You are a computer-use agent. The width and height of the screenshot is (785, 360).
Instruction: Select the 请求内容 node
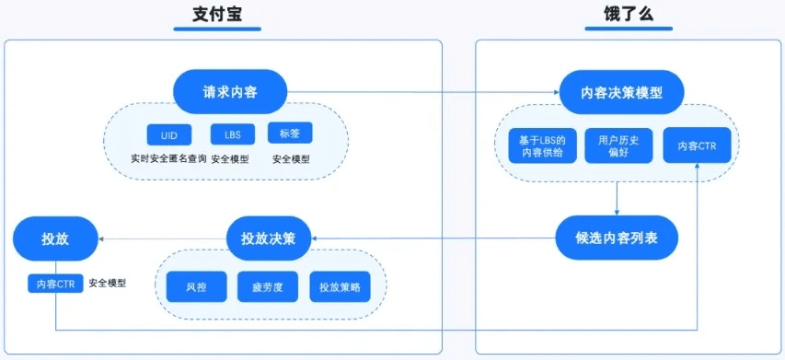(x=231, y=92)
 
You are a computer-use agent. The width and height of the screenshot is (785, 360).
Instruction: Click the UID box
(x=168, y=135)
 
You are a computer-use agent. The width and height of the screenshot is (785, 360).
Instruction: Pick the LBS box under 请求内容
(x=233, y=135)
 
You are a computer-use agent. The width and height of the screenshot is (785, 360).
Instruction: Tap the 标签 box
(x=290, y=134)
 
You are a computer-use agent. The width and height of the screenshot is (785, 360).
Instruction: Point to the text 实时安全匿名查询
(x=168, y=159)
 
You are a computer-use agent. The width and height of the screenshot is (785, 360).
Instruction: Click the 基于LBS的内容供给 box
(x=542, y=145)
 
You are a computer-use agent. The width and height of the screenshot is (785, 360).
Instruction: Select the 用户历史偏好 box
(x=618, y=145)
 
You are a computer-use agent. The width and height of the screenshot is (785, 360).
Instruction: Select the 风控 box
(x=196, y=286)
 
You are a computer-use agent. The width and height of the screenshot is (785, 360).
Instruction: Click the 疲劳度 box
(x=268, y=286)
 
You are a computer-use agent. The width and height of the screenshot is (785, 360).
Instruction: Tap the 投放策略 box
(x=340, y=286)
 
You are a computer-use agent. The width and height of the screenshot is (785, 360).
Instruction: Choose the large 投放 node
(x=55, y=239)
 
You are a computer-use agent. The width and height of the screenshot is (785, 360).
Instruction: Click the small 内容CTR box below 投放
(x=55, y=284)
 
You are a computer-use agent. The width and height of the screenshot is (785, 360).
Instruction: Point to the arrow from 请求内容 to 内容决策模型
(x=423, y=92)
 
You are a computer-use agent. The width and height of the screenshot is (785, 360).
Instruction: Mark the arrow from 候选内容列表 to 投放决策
(x=433, y=238)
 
